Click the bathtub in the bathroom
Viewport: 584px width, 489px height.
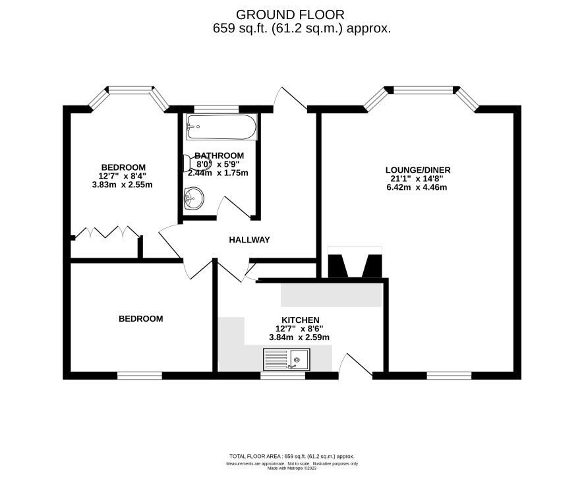pos(221,127)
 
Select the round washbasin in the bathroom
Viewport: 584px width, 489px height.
pos(194,198)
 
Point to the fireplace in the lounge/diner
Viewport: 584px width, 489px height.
pos(355,262)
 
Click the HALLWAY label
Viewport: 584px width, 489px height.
pos(249,240)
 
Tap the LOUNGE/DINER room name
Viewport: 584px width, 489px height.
pos(418,170)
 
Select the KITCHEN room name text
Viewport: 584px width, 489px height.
pos(300,320)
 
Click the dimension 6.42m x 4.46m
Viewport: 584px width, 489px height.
pos(417,187)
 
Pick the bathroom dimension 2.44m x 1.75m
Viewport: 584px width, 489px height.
pos(218,173)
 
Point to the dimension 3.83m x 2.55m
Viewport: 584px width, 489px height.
pos(122,185)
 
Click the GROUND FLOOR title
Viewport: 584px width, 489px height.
pos(290,15)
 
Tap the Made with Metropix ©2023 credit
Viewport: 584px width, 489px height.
pos(292,469)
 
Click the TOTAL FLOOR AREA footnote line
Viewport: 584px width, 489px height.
pos(292,456)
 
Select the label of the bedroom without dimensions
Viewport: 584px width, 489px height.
pos(141,319)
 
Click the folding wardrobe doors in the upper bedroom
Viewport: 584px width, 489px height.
pos(107,232)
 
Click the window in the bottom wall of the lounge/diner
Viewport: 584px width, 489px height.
pos(449,376)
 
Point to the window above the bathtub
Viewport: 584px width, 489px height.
pos(216,109)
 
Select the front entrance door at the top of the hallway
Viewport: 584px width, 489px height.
pos(291,99)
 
